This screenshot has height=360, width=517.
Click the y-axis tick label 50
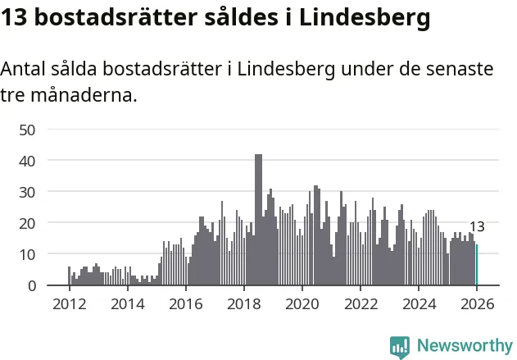pyautogui.click(x=28, y=130)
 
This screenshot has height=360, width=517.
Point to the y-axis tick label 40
pyautogui.click(x=28, y=161)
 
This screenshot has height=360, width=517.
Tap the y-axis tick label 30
pyautogui.click(x=28, y=192)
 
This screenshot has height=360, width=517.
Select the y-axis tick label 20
pyautogui.click(x=28, y=223)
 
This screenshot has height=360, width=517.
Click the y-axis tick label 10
pyautogui.click(x=28, y=254)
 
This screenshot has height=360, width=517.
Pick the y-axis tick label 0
pyautogui.click(x=32, y=285)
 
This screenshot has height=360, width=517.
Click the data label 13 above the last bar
pyautogui.click(x=477, y=227)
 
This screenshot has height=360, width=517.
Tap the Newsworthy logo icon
pyautogui.click(x=400, y=347)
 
